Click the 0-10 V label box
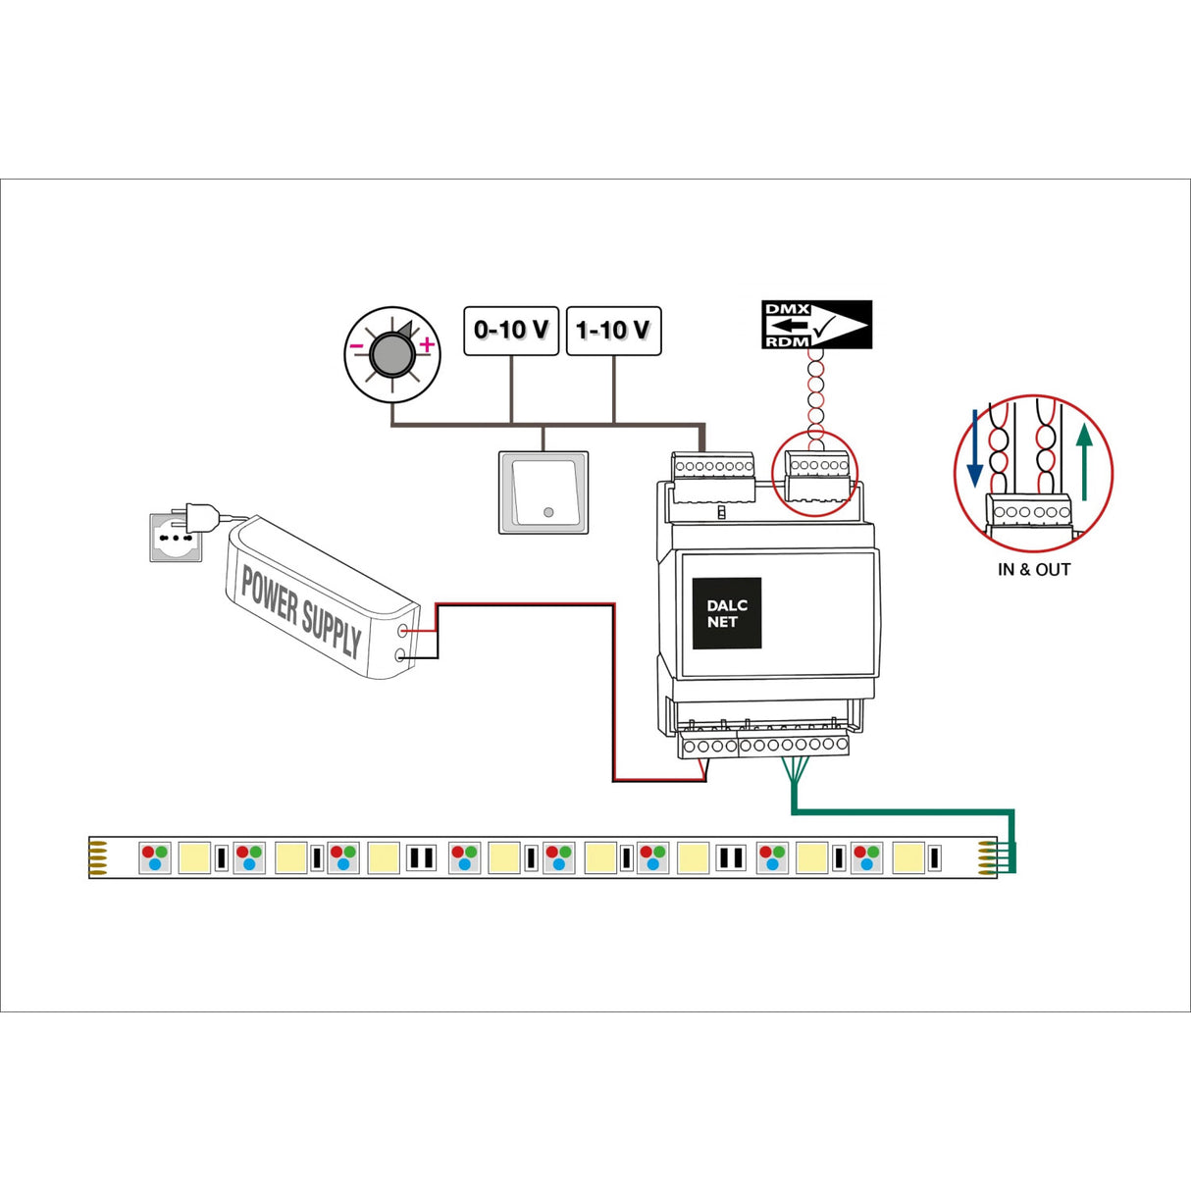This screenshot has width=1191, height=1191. click(511, 331)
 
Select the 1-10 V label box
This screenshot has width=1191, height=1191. click(614, 331)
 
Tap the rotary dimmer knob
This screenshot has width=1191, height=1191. click(391, 354)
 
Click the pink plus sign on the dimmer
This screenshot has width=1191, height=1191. click(427, 344)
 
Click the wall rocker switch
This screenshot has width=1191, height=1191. click(544, 492)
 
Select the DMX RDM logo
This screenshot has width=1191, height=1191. click(816, 325)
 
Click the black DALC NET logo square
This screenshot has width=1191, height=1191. click(727, 613)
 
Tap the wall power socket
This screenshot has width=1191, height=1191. click(175, 538)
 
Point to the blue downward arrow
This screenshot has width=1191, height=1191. click(974, 449)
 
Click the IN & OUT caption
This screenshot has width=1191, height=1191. click(1034, 570)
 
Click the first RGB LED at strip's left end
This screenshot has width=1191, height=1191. click(155, 857)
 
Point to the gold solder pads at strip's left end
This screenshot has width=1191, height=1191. click(98, 857)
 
